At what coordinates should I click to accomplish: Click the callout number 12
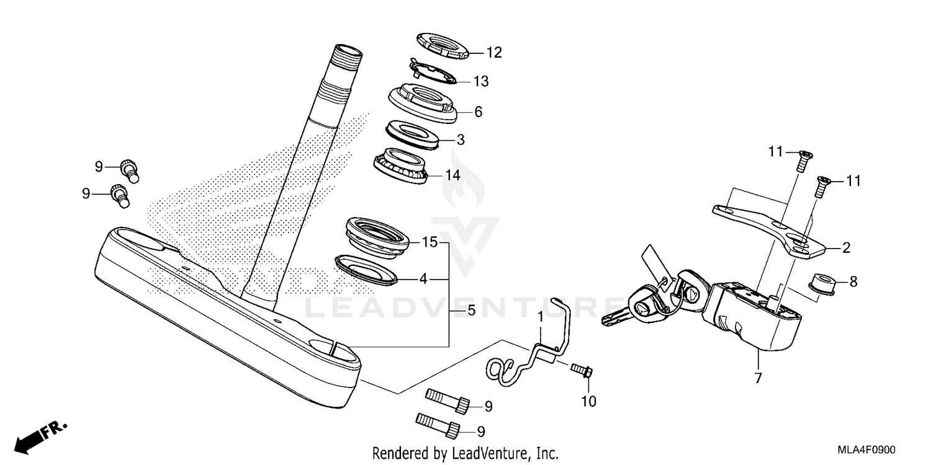[x=493, y=53]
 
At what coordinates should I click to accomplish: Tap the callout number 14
[x=452, y=175]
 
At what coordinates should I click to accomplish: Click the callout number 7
[x=757, y=378]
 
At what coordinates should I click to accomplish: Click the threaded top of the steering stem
[x=348, y=56]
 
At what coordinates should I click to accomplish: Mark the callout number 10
[x=588, y=402]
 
